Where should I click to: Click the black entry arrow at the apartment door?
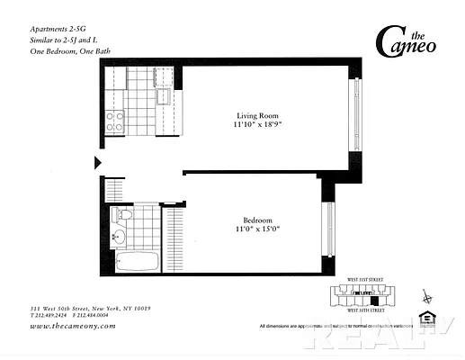(97, 163)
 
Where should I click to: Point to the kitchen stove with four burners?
(115, 121)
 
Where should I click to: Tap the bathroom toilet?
(121, 216)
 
